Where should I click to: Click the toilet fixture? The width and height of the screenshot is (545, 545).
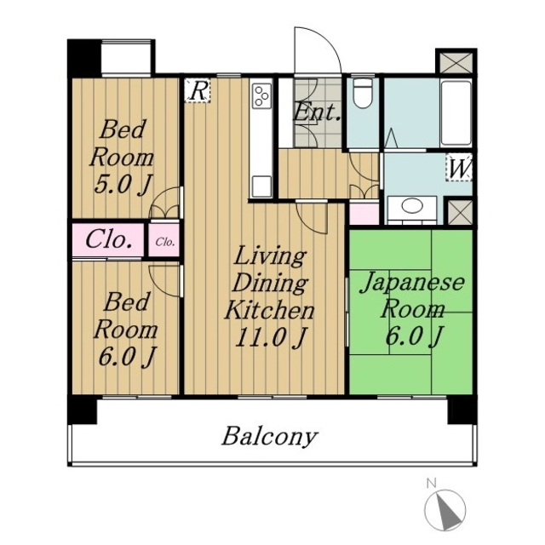tap(363, 93)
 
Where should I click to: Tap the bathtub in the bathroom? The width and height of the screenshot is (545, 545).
tap(456, 112)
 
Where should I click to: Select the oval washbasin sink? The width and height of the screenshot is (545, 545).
tap(412, 205)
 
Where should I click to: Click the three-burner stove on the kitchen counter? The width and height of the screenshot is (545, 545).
tap(261, 95)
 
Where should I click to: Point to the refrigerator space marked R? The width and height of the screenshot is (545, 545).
tap(198, 91)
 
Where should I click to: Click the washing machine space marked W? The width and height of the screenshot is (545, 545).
tap(459, 168)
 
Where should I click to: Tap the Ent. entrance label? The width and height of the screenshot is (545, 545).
tap(316, 112)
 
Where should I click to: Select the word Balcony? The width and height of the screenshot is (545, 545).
tap(270, 437)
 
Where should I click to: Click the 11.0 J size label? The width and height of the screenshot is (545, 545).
tap(271, 337)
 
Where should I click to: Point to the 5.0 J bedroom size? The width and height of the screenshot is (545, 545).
tap(123, 184)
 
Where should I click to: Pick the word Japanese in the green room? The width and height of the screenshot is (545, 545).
tap(412, 284)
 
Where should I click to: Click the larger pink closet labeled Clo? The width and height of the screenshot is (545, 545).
tap(108, 240)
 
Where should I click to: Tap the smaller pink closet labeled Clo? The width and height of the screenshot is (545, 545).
tap(164, 240)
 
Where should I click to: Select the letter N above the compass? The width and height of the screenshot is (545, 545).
tap(432, 483)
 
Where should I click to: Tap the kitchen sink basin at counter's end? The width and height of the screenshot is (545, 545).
tap(261, 187)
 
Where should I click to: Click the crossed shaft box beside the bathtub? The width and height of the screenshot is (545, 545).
tap(456, 63)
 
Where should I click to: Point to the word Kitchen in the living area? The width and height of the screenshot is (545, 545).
tap(270, 310)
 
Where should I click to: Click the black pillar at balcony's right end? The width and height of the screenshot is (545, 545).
tap(462, 411)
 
